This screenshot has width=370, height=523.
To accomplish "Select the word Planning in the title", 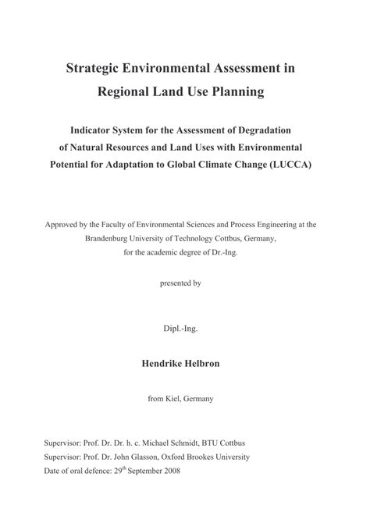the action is (x=238, y=92).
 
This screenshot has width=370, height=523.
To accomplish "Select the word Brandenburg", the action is (x=112, y=240).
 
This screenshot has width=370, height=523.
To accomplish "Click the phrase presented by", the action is (x=182, y=283).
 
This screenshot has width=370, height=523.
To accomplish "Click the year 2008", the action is (x=177, y=471).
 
